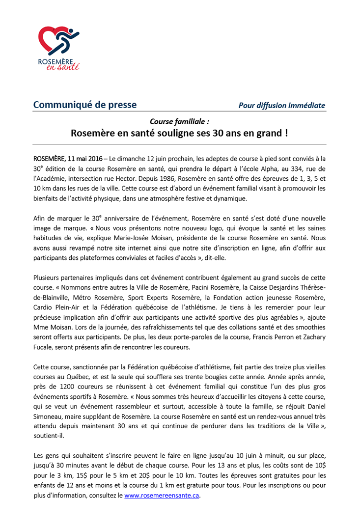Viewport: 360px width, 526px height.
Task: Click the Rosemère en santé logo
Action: click(x=58, y=48)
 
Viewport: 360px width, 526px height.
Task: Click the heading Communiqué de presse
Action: click(x=85, y=105)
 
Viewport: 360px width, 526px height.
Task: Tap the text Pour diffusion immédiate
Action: click(x=281, y=105)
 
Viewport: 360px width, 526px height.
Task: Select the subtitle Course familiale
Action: click(x=179, y=121)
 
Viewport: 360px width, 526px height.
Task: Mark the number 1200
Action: click(x=61, y=386)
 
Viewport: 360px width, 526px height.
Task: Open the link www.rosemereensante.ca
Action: click(x=162, y=496)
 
